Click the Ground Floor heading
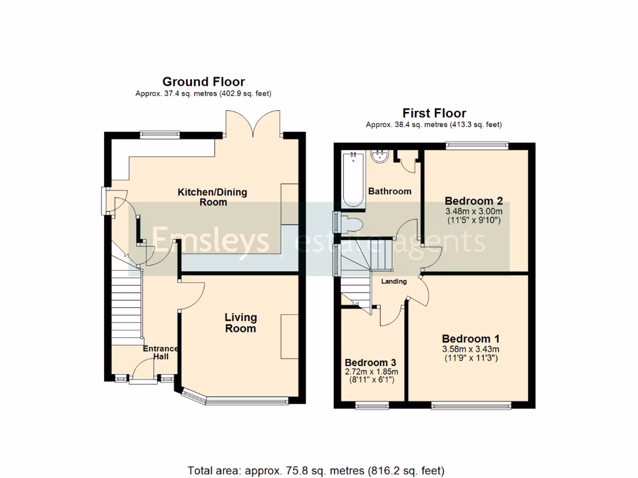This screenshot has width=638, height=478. tap(203, 82)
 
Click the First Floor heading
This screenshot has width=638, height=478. tap(434, 113)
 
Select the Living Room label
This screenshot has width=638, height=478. tap(240, 322)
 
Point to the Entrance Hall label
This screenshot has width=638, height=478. tap(161, 352)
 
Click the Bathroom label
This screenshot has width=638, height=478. tap(389, 191)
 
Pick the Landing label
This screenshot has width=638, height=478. tap(394, 281)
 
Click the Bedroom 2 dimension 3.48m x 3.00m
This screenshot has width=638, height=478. tap(474, 212)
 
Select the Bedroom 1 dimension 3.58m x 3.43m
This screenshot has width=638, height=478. tap(470, 349)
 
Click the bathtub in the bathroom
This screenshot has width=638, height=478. tap(353, 179)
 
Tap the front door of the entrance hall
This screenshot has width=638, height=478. tap(143, 373)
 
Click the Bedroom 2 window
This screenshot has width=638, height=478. tap(477, 145)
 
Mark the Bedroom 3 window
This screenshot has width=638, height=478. tap(371, 406)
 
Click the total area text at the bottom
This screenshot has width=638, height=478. tap(316, 470)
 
